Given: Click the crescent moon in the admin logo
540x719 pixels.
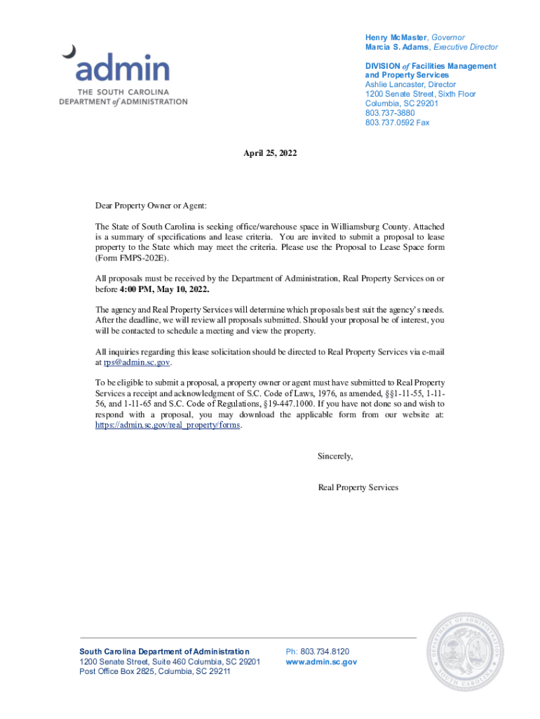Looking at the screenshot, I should click(69, 51).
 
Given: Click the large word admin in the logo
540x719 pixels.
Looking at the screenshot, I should click(123, 70).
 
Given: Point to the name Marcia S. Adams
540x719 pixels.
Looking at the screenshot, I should click(397, 47).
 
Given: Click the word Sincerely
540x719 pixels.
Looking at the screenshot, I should click(335, 456).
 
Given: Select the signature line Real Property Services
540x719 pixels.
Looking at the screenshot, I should click(358, 487).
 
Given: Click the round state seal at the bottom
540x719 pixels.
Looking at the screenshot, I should click(465, 651).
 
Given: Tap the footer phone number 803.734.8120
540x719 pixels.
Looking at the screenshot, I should click(324, 652).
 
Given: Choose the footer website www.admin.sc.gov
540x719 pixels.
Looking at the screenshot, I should click(321, 661).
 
